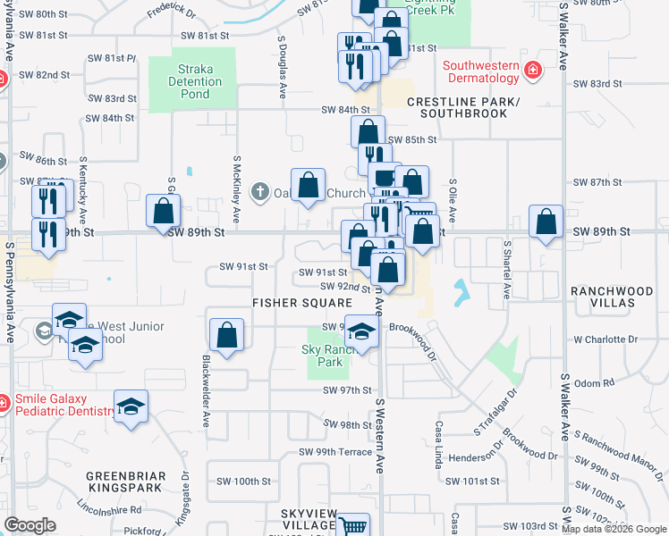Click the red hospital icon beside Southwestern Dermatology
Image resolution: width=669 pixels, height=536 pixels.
[533, 70]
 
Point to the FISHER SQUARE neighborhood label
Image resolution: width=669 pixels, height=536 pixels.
[301, 303]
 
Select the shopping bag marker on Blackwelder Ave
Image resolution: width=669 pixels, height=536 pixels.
[227, 336]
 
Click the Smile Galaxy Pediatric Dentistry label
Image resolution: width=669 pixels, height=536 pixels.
[59, 406]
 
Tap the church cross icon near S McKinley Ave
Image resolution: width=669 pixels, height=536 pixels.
[259, 191]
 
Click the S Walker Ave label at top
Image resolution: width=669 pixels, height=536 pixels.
[564, 36]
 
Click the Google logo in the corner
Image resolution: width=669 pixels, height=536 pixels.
[30, 525]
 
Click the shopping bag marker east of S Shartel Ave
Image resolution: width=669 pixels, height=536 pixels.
[546, 223]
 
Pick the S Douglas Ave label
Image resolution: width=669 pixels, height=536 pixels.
[283, 67]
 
